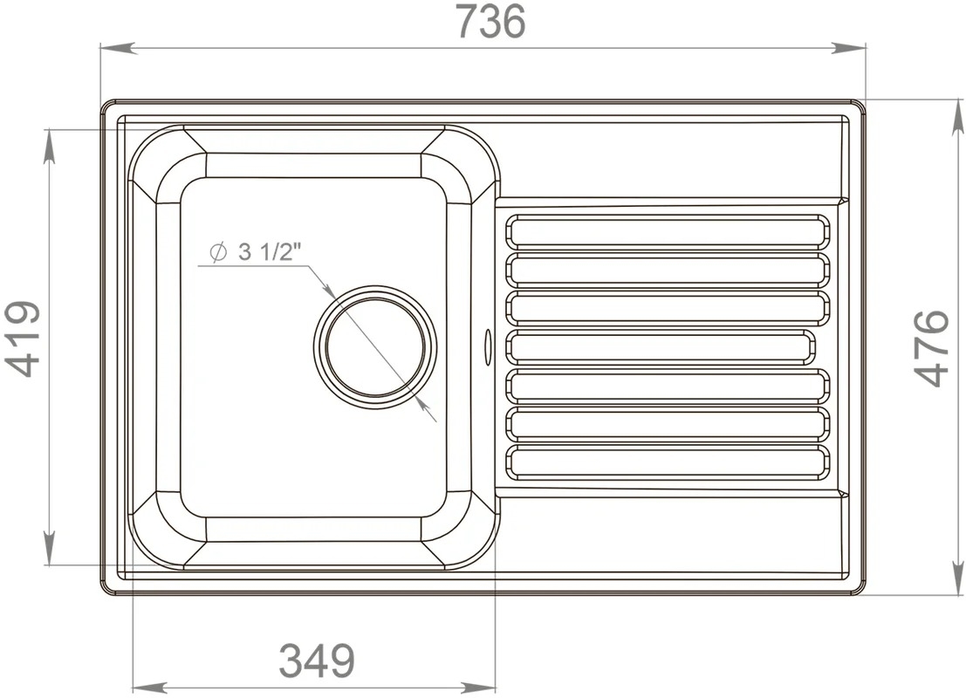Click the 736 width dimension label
(491, 21)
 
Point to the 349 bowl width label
(318, 660)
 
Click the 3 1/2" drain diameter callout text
(268, 252)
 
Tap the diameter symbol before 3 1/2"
(217, 252)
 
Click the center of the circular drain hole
(375, 346)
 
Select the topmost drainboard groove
(668, 230)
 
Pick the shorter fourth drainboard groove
(660, 346)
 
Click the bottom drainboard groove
(668, 462)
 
